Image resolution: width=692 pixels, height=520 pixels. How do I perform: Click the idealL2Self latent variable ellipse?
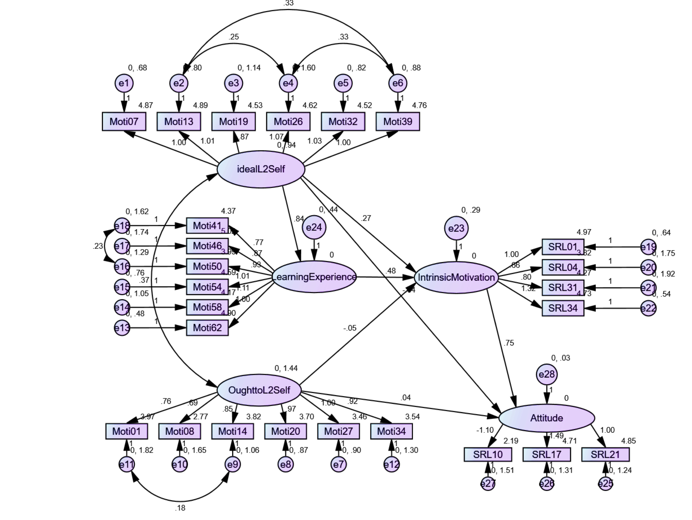(261, 169)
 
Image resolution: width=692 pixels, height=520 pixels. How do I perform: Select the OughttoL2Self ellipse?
(259, 390)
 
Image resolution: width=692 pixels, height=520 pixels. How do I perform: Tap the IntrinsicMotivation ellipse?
(456, 277)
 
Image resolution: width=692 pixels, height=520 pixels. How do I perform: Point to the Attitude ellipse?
(547, 418)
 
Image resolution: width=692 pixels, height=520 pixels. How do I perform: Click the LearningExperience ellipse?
(314, 277)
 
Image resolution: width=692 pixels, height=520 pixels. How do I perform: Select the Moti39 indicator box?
(398, 121)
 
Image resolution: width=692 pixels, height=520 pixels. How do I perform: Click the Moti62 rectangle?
(207, 328)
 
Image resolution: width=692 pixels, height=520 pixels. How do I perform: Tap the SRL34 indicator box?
(563, 308)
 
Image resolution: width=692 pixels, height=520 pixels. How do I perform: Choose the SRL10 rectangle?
(488, 454)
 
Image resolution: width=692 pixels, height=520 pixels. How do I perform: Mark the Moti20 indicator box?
(285, 431)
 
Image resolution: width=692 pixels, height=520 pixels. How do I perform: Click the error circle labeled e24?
(314, 227)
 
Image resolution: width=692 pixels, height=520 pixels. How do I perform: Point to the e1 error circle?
(124, 83)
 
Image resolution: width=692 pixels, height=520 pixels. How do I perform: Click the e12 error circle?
(391, 464)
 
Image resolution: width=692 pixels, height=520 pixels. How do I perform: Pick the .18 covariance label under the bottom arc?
(180, 508)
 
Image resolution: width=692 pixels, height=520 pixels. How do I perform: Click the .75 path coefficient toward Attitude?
(509, 343)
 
